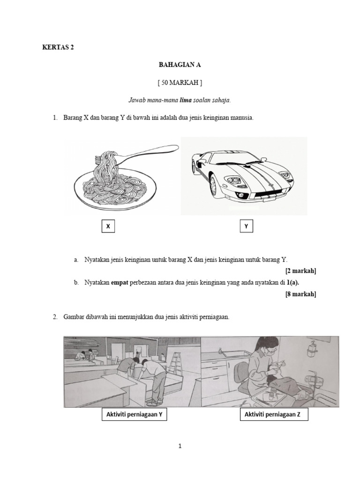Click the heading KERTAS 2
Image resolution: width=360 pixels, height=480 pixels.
point(58,47)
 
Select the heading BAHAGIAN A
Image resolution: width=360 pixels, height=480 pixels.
point(180,65)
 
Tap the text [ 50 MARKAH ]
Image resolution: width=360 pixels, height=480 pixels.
point(180,82)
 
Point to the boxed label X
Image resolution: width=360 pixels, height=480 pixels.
point(108,226)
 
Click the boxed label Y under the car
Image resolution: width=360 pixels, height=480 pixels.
point(247,226)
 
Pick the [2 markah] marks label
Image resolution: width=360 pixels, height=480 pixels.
point(300,271)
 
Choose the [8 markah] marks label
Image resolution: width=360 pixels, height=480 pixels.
point(300,294)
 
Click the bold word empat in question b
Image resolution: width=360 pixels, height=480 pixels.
point(120,283)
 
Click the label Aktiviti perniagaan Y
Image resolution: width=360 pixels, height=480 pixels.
point(135,415)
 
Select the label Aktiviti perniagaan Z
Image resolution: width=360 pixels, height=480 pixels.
point(274,415)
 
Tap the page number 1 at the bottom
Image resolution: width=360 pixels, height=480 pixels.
point(180,446)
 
